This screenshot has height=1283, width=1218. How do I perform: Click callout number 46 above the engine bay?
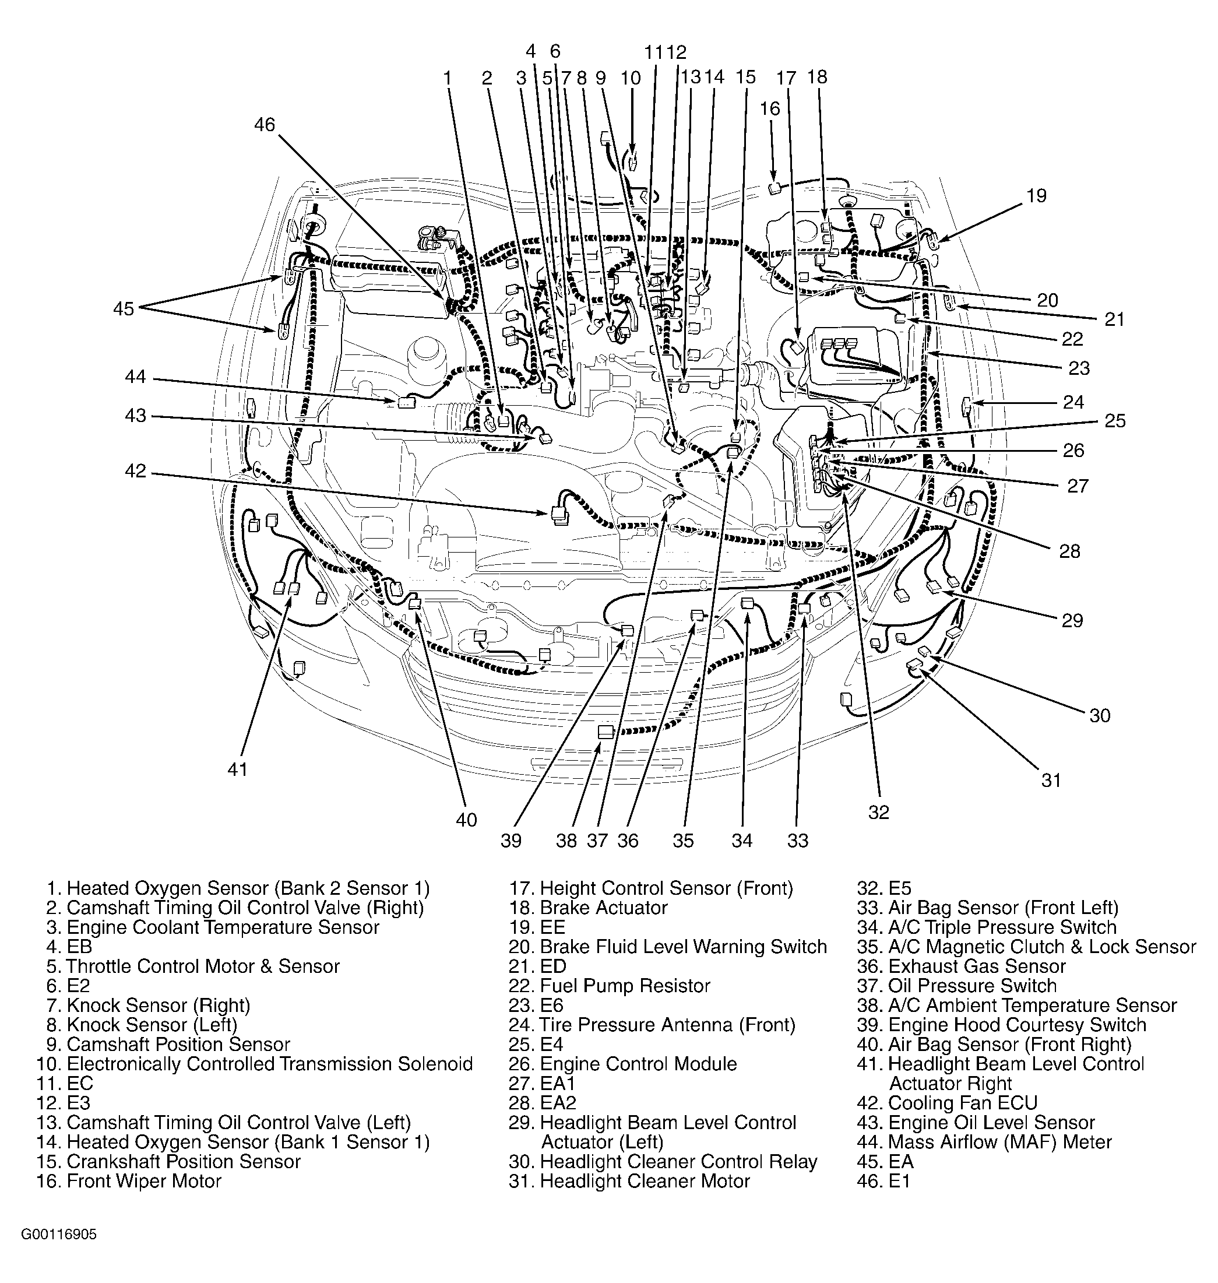coord(264,124)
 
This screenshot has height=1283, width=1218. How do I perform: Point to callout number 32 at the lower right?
coord(878,811)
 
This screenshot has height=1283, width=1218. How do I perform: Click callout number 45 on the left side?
coord(124,308)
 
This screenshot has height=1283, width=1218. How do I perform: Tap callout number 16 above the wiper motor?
coord(770,108)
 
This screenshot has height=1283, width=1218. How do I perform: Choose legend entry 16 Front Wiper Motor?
coord(129,1180)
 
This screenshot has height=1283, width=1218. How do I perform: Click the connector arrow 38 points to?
coord(605,732)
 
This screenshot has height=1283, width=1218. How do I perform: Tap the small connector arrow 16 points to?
coord(774,189)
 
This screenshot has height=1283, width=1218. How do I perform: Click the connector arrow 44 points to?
coord(406,403)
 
